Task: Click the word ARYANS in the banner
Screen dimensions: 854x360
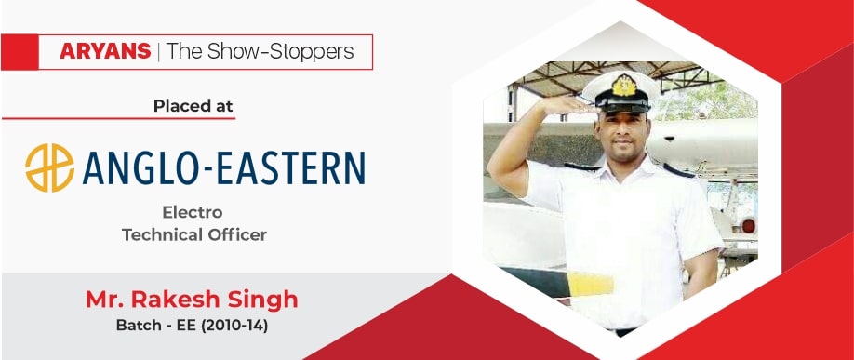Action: [105, 52]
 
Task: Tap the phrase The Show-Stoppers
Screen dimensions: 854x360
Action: [260, 52]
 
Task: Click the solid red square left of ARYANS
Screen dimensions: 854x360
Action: [20, 52]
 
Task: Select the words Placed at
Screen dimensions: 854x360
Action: [193, 106]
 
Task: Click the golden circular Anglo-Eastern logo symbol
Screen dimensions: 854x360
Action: [49, 167]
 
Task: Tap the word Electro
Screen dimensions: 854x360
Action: [193, 211]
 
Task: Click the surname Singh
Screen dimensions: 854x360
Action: [264, 301]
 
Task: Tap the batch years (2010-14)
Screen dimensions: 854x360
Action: [237, 327]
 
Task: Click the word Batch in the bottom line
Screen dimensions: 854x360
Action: [133, 327]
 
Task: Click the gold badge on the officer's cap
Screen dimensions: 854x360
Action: [623, 85]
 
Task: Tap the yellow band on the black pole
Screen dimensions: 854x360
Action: [591, 284]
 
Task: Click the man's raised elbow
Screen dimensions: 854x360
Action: [497, 173]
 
